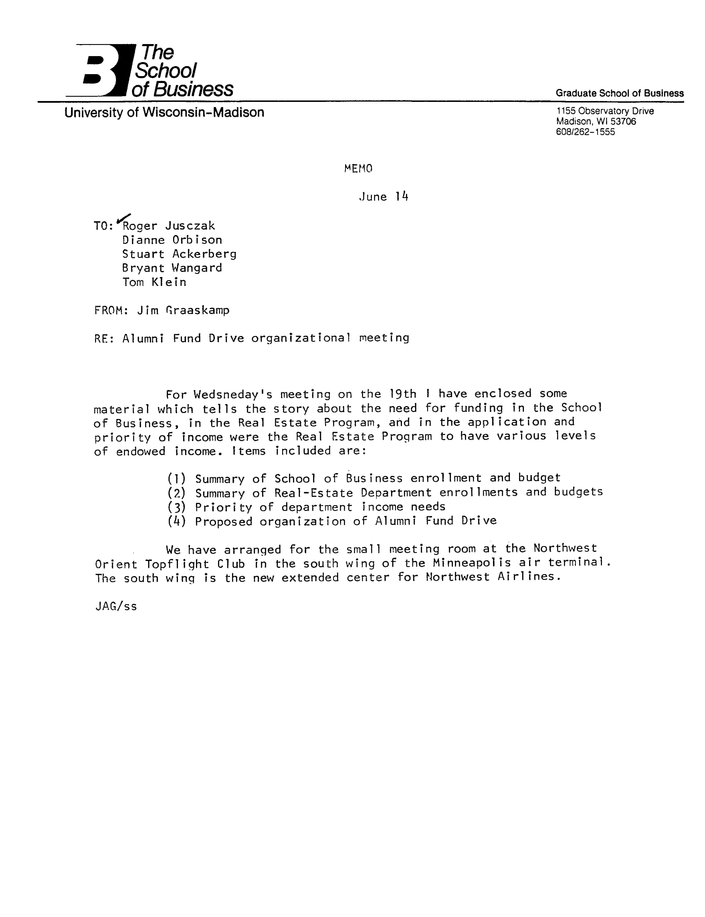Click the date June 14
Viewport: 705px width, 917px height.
click(383, 197)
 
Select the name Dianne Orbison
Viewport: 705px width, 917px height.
click(172, 240)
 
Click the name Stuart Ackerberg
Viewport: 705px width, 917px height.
click(179, 254)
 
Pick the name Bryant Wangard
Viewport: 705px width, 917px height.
click(172, 268)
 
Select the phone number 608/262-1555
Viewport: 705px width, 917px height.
click(585, 132)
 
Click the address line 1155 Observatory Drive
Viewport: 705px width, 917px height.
click(605, 111)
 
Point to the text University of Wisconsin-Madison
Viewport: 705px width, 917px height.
click(164, 112)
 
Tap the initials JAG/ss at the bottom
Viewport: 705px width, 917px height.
click(116, 607)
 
